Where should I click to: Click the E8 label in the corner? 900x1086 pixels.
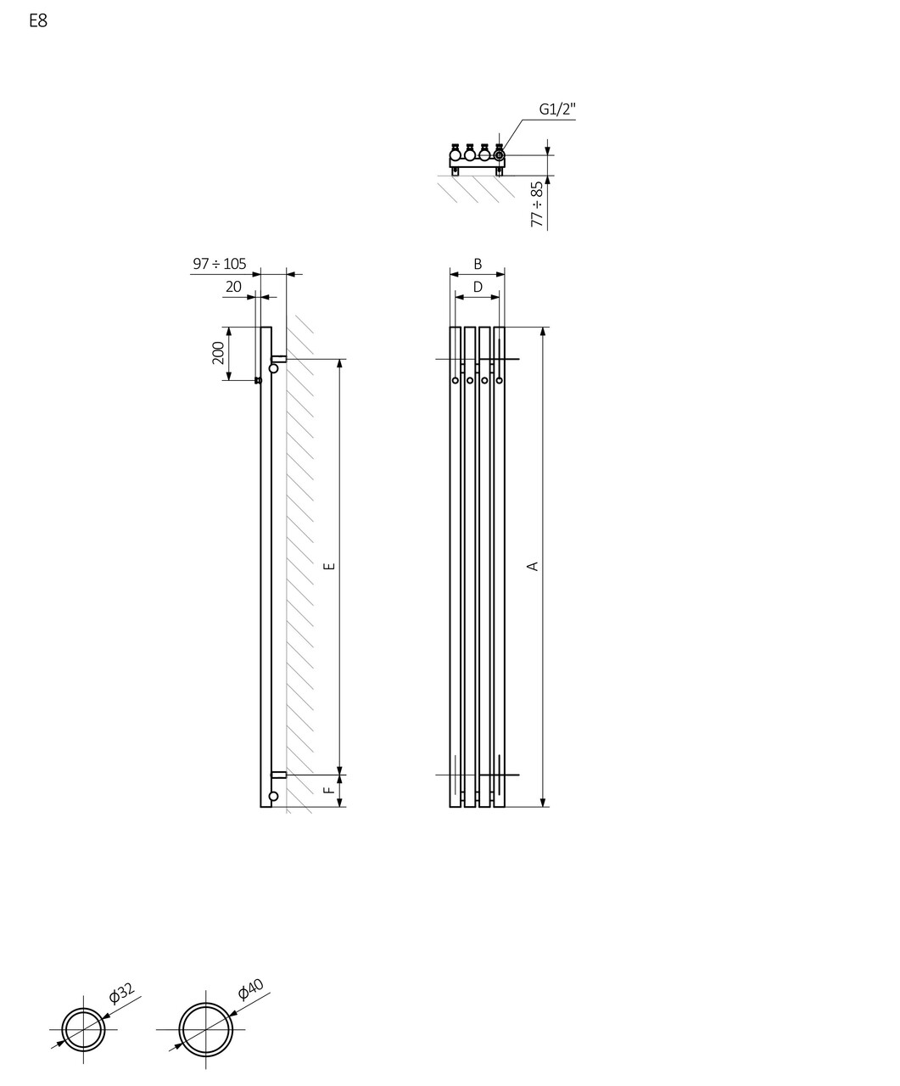pyautogui.click(x=38, y=21)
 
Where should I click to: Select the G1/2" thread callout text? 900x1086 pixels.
pyautogui.click(x=557, y=109)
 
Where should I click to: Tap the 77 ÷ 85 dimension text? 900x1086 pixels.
pyautogui.click(x=537, y=204)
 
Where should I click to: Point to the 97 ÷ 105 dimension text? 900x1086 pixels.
pyautogui.click(x=219, y=264)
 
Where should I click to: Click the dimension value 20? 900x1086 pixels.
pyautogui.click(x=233, y=287)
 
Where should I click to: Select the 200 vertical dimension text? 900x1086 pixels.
pyautogui.click(x=218, y=353)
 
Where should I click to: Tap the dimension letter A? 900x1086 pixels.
pyautogui.click(x=534, y=566)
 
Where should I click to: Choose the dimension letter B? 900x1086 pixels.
pyautogui.click(x=478, y=264)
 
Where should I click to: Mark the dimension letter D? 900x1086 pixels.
pyautogui.click(x=478, y=287)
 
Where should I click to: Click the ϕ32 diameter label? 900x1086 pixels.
pyautogui.click(x=121, y=994)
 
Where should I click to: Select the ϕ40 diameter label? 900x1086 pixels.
pyautogui.click(x=251, y=989)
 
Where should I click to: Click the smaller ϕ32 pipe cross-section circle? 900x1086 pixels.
pyautogui.click(x=83, y=1030)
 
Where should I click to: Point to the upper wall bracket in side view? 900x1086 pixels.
pyautogui.click(x=278, y=360)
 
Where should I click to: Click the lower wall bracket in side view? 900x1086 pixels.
pyautogui.click(x=278, y=775)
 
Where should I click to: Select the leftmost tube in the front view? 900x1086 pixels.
pyautogui.click(x=456, y=566)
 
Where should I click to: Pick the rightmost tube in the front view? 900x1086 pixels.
pyautogui.click(x=499, y=566)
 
